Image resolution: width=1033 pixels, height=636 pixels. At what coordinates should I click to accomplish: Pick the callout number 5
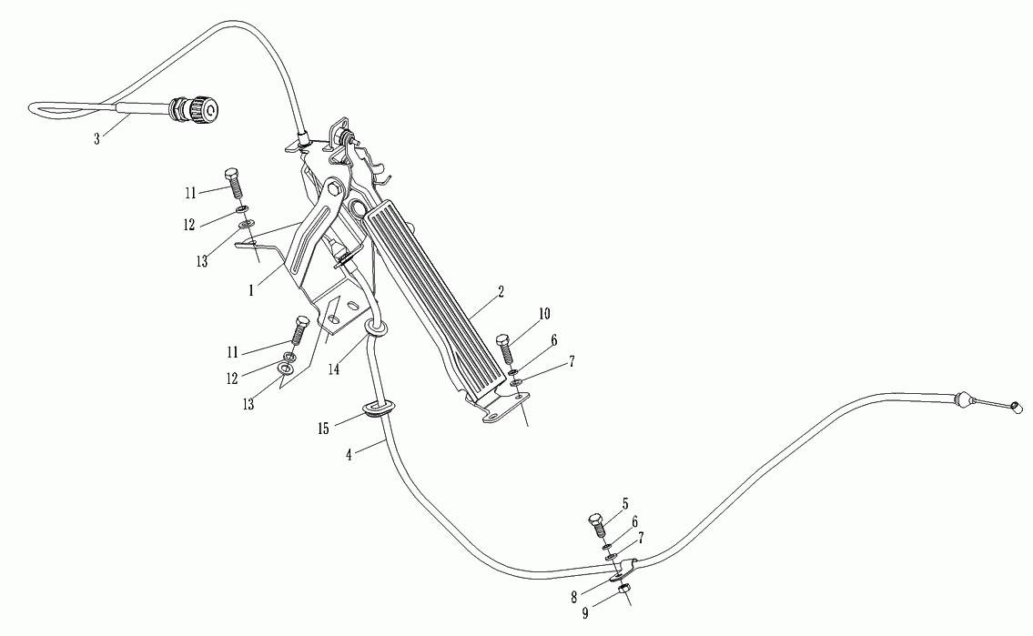(625, 501)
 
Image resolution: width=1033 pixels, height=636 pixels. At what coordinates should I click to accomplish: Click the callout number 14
(335, 369)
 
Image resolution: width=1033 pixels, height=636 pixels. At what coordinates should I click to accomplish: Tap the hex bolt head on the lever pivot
(332, 190)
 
